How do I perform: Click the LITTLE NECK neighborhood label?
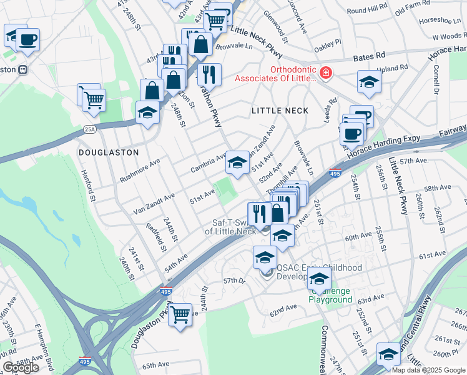[x=280, y=111]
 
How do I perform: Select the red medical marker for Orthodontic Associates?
[x=325, y=74]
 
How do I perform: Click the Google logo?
[x=21, y=367]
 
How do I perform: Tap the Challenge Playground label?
[x=330, y=299]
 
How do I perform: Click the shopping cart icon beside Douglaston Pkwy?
[x=180, y=314]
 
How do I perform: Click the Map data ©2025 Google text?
[x=428, y=370]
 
